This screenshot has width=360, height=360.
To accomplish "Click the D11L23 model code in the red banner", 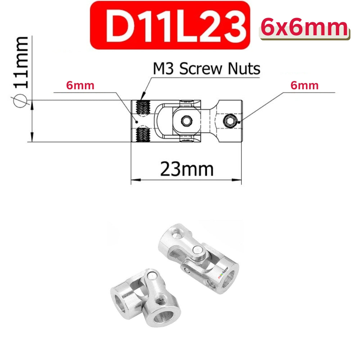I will pyautogui.click(x=170, y=25).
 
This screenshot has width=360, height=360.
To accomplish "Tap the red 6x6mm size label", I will pyautogui.click(x=304, y=27).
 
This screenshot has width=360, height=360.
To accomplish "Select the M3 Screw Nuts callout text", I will pyautogui.click(x=207, y=68).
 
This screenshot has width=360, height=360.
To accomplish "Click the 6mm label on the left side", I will pyautogui.click(x=80, y=85).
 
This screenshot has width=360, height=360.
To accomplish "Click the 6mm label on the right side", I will pyautogui.click(x=305, y=85).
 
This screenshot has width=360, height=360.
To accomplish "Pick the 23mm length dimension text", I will pyautogui.click(x=186, y=168).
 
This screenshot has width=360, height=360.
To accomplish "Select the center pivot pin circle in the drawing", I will pyautogui.click(x=186, y=121).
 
